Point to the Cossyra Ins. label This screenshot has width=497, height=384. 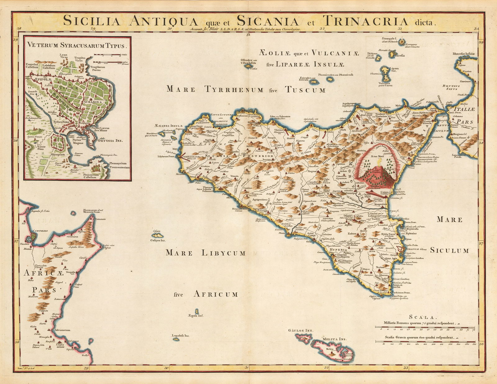click(x=158, y=240)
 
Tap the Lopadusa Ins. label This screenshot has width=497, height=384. click(x=180, y=335)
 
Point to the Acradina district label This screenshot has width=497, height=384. click(x=93, y=101)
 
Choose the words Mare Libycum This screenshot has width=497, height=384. click(x=206, y=253)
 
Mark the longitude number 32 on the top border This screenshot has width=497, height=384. click(x=322, y=29)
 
